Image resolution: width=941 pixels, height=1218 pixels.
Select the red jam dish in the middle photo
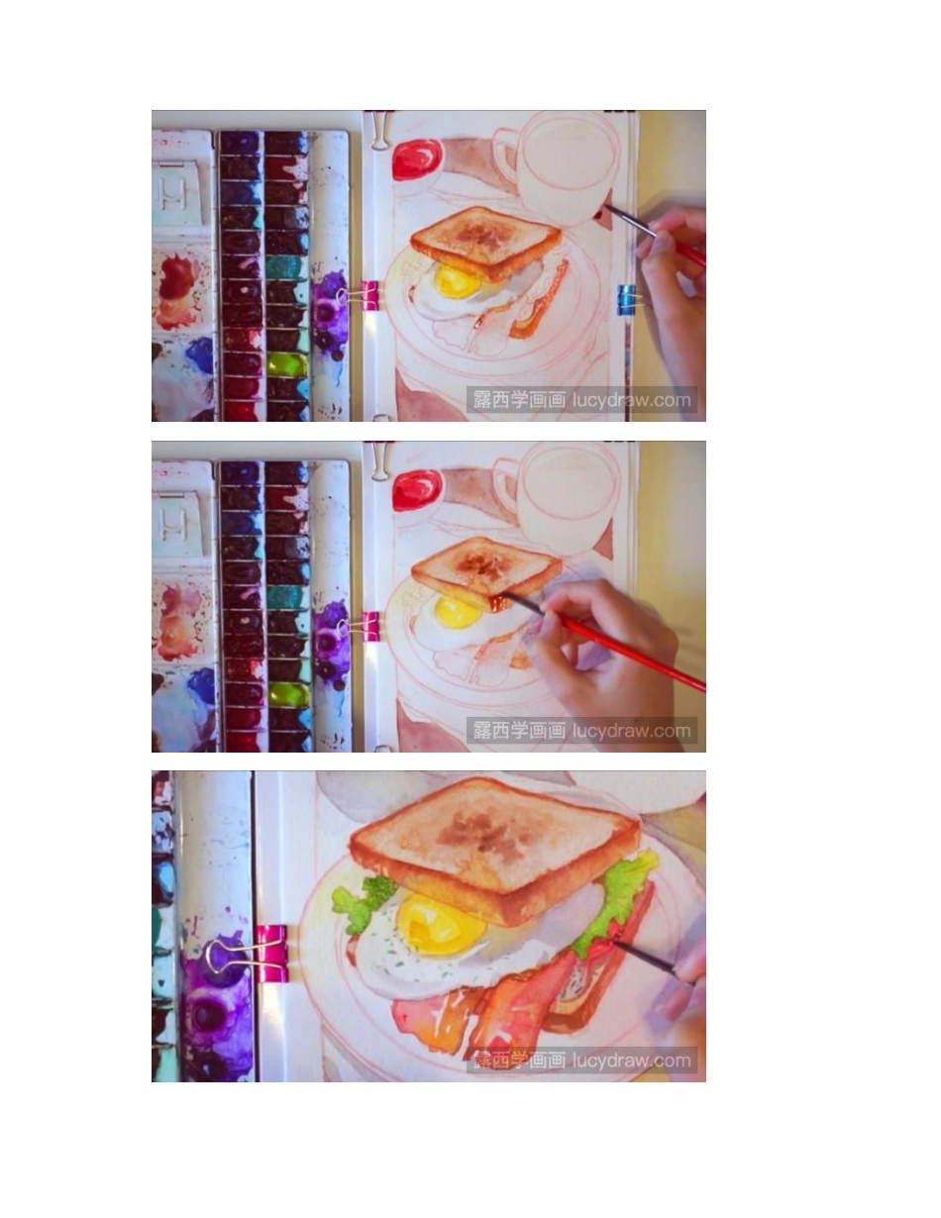417,489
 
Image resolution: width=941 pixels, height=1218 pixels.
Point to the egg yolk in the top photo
457,281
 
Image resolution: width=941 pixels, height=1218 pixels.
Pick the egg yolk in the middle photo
458,613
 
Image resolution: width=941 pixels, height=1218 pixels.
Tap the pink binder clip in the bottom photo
271,954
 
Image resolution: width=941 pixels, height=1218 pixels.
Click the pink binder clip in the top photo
369,295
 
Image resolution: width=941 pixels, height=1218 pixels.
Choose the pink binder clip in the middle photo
369,626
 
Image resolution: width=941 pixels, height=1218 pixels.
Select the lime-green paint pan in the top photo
286,364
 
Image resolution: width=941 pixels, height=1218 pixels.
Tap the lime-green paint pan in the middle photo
287,694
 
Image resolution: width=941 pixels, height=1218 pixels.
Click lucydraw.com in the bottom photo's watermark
631,1061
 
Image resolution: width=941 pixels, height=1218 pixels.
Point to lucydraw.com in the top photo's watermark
631,400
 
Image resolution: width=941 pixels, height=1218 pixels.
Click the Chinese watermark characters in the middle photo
519,731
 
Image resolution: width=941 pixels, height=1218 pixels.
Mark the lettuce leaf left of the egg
362,900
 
